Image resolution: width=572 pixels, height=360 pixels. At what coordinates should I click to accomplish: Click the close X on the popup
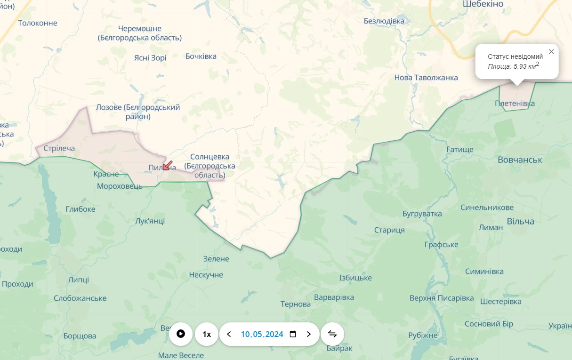click(x=551, y=52)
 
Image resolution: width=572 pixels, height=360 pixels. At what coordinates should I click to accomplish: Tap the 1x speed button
click(x=207, y=334)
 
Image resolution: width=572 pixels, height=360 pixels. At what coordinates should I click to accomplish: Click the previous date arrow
click(x=229, y=334)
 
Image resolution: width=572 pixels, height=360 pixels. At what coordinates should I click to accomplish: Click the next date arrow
click(x=309, y=334)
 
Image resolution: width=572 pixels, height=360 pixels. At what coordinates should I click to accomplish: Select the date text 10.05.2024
click(x=262, y=334)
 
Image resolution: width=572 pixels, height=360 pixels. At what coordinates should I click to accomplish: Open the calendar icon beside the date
click(x=293, y=334)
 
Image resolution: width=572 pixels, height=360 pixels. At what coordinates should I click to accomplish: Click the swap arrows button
click(x=332, y=334)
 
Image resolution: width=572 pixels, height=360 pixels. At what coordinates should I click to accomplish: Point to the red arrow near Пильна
click(x=168, y=165)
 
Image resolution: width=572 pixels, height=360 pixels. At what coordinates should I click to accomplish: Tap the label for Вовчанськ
click(x=520, y=160)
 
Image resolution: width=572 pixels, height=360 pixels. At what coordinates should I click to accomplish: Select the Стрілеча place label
click(x=59, y=149)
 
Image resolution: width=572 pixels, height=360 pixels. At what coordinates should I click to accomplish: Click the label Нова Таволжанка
click(x=426, y=78)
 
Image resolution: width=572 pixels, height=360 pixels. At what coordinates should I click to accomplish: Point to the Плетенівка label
click(x=515, y=104)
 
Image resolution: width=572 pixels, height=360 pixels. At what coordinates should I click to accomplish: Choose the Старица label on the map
click(x=389, y=230)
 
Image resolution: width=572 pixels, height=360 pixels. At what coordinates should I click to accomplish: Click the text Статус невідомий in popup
click(x=515, y=56)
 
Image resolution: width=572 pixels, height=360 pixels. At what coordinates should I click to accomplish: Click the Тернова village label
click(x=296, y=304)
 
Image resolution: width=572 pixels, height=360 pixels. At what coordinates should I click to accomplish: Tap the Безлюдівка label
click(x=384, y=21)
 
